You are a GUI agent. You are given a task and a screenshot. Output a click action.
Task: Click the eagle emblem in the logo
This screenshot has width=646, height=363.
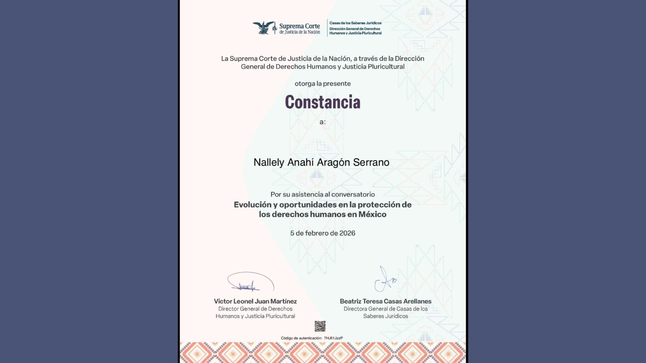(264, 28)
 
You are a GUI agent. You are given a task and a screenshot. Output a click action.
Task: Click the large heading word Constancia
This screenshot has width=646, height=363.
(322, 102)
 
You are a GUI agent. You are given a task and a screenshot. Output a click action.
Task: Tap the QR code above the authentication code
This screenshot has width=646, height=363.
(320, 326)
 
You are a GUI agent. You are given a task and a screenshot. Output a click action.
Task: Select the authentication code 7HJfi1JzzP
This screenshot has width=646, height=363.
(333, 338)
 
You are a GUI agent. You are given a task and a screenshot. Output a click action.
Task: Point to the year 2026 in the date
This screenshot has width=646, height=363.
(347, 233)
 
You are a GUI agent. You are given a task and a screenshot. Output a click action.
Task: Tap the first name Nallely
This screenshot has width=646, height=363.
(269, 162)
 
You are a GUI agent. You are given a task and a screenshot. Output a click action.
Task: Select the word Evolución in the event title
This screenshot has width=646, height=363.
(252, 205)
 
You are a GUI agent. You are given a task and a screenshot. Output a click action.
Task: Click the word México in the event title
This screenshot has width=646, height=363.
(372, 214)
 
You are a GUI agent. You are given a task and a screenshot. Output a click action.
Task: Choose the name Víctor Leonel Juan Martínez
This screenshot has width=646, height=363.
(255, 301)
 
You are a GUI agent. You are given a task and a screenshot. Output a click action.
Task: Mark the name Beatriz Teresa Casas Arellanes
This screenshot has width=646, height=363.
(385, 301)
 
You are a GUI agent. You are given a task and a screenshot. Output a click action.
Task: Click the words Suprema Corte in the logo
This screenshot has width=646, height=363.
(299, 26)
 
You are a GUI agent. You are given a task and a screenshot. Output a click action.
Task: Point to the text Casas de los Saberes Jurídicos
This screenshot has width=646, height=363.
(355, 23)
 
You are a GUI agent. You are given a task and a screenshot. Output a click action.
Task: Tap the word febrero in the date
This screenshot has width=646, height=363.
(316, 233)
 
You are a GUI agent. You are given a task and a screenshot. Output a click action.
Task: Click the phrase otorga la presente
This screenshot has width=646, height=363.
(322, 84)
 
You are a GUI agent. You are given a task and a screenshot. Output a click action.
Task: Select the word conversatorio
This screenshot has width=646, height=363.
(353, 195)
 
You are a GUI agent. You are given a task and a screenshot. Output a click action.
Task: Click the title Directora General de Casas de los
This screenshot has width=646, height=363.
(386, 309)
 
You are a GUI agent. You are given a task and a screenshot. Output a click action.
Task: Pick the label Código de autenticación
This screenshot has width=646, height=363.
(301, 338)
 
